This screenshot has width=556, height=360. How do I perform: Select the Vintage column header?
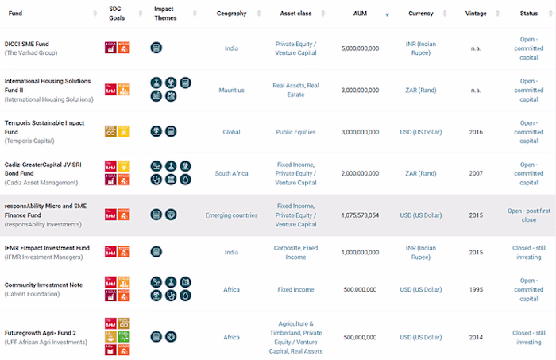(475, 14)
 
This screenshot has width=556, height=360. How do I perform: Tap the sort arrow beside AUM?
(387, 14)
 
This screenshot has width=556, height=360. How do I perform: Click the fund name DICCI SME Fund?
(28, 44)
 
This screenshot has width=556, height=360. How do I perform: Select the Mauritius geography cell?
(231, 90)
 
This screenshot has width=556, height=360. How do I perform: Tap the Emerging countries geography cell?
(231, 215)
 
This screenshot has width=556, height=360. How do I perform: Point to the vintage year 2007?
(475, 173)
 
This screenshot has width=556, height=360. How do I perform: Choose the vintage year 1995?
(475, 289)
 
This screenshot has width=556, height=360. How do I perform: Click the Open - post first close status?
(528, 215)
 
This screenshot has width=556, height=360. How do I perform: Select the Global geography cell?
(231, 132)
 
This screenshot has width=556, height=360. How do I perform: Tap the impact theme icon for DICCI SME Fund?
(156, 48)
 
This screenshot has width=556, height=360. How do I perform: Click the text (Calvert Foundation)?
(31, 293)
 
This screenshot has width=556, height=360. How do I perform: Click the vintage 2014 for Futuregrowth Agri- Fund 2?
(475, 337)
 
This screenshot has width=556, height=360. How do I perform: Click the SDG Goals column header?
(116, 14)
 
